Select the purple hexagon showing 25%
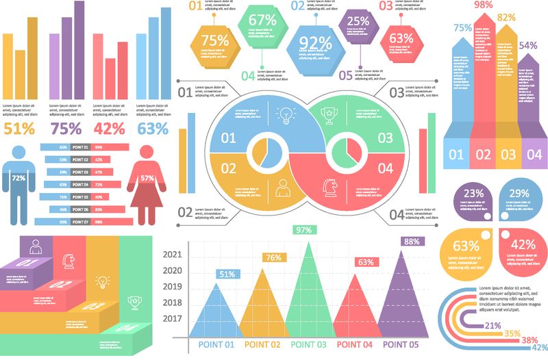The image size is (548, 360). coord(358,23)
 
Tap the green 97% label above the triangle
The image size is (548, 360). coord(303,231)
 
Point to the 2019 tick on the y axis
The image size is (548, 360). coord(173,287)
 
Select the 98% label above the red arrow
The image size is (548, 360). coord(484,5)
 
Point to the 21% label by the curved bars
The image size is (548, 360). coord(492,326)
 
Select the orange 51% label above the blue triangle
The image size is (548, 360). coord(227,274)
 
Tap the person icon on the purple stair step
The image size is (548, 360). coord(33,244)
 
